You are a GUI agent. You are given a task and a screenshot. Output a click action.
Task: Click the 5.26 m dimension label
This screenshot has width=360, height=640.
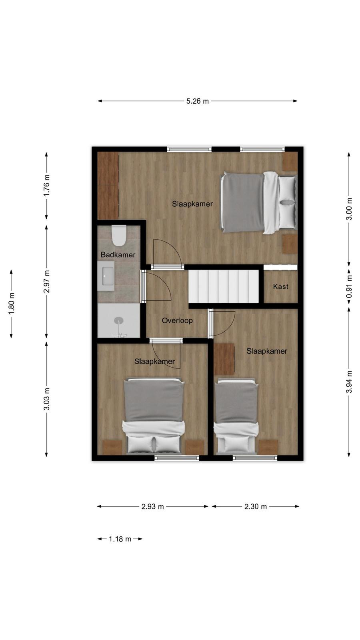pyautogui.click(x=198, y=101)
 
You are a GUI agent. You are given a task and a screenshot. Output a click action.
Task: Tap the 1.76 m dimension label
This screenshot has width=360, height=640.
pyautogui.click(x=46, y=185)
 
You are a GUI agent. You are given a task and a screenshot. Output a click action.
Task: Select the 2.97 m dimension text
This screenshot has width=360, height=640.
pyautogui.click(x=46, y=282)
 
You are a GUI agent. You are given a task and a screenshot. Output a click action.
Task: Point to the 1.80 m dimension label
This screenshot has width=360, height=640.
pyautogui.click(x=12, y=304)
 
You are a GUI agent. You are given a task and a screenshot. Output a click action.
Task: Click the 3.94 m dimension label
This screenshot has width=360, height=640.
pyautogui.click(x=349, y=382)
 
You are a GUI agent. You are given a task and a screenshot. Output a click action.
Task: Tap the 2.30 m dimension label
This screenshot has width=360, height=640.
pyautogui.click(x=256, y=506)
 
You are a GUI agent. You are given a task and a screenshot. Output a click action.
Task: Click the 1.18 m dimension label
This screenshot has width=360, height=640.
pyautogui.click(x=120, y=539)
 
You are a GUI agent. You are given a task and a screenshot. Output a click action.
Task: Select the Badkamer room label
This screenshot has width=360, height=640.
pyautogui.click(x=118, y=254)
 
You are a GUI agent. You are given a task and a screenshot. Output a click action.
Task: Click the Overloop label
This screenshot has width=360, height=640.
pyautogui.click(x=177, y=320)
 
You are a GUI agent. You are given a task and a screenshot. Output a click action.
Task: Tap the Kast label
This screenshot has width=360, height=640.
pyautogui.click(x=280, y=286)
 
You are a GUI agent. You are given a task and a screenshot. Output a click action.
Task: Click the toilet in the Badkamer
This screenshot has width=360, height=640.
pyautogui.click(x=119, y=236)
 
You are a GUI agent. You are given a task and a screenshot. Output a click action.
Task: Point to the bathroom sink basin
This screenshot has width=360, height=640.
pyautogui.click(x=106, y=276)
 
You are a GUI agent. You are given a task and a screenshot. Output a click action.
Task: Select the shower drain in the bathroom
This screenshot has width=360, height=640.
pyautogui.click(x=118, y=320)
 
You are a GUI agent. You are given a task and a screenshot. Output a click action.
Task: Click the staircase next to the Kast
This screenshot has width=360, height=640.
pyautogui.click(x=224, y=286)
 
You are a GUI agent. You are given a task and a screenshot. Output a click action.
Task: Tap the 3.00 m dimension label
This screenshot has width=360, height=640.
pyautogui.click(x=349, y=209)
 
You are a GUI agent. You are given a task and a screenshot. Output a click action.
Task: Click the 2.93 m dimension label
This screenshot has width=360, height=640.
pyautogui.click(x=152, y=506)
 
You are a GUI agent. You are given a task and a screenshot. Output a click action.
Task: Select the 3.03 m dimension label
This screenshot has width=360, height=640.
pyautogui.click(x=46, y=399)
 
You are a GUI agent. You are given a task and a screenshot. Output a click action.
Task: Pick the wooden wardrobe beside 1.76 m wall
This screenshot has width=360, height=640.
pyautogui.click(x=108, y=186)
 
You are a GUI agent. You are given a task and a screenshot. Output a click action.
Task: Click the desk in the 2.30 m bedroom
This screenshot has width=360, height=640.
pyautogui.click(x=224, y=359)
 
